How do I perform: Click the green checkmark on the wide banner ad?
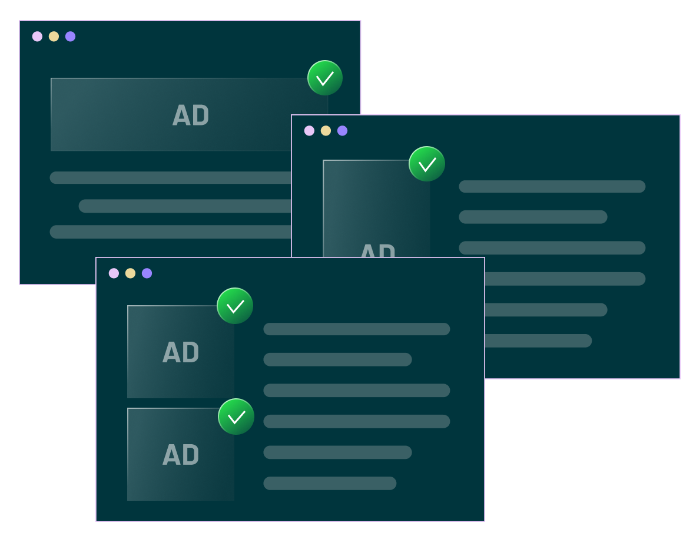pyautogui.click(x=325, y=78)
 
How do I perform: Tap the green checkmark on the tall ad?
pyautogui.click(x=427, y=164)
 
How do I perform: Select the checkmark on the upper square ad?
pyautogui.click(x=235, y=306)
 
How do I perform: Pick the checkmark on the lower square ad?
pyautogui.click(x=236, y=417)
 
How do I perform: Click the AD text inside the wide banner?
pyautogui.click(x=191, y=115)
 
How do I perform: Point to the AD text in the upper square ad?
pyautogui.click(x=181, y=353)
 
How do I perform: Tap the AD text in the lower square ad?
pyautogui.click(x=181, y=455)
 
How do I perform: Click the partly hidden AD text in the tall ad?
pyautogui.click(x=377, y=250)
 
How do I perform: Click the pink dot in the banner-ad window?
pyautogui.click(x=37, y=37)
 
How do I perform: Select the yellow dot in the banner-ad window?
pyautogui.click(x=54, y=37)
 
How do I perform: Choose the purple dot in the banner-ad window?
pyautogui.click(x=70, y=37)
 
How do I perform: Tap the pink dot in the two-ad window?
pyautogui.click(x=114, y=273)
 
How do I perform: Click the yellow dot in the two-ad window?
pyautogui.click(x=130, y=273)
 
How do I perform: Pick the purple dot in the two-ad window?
pyautogui.click(x=147, y=273)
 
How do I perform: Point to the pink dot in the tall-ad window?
pyautogui.click(x=309, y=131)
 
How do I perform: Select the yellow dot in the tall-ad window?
pyautogui.click(x=326, y=131)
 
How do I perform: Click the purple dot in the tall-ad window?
pyautogui.click(x=342, y=131)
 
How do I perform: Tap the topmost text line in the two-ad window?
pyautogui.click(x=356, y=329)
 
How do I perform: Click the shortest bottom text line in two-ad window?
pyautogui.click(x=330, y=483)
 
